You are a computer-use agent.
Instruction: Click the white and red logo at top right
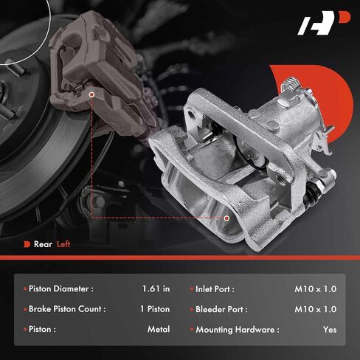pyautogui.click(x=323, y=23)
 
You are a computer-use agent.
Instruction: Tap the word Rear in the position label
pyautogui.click(x=43, y=244)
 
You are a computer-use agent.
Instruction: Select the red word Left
pyautogui.click(x=63, y=244)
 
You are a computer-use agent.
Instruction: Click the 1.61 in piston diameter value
pyautogui.click(x=156, y=288)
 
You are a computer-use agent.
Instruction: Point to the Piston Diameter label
pyautogui.click(x=61, y=288)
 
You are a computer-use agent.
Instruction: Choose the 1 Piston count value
pyautogui.click(x=155, y=309)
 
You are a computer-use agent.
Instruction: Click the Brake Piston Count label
pyautogui.click(x=67, y=309)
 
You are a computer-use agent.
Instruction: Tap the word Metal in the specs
pyautogui.click(x=159, y=329)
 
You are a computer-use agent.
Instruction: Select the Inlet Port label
pyautogui.click(x=215, y=289)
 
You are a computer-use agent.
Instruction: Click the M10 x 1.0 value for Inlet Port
pyautogui.click(x=316, y=289)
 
